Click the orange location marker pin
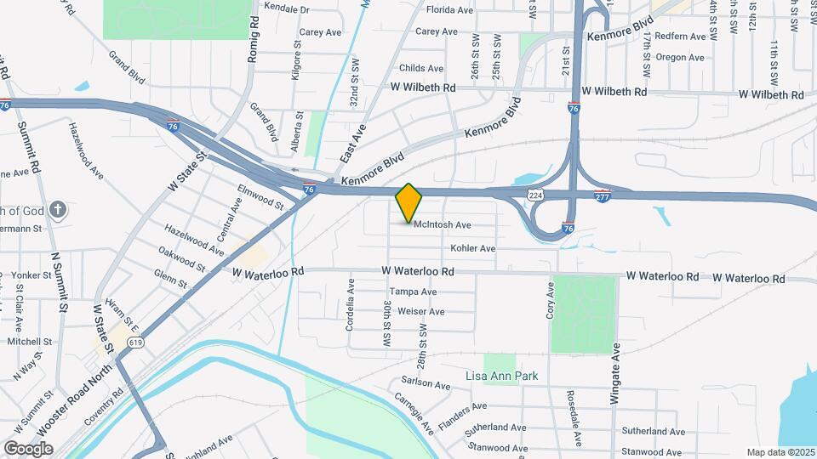pyautogui.click(x=409, y=203)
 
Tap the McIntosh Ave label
pyautogui.click(x=443, y=225)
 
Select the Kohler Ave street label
pyautogui.click(x=473, y=249)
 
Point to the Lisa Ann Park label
pyautogui.click(x=501, y=376)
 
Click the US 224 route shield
pyautogui.click(x=534, y=195)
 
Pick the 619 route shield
pyautogui.click(x=134, y=342)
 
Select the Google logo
pyautogui.click(x=29, y=448)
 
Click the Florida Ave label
pyautogui.click(x=449, y=10)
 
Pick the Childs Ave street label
pyautogui.click(x=420, y=68)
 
